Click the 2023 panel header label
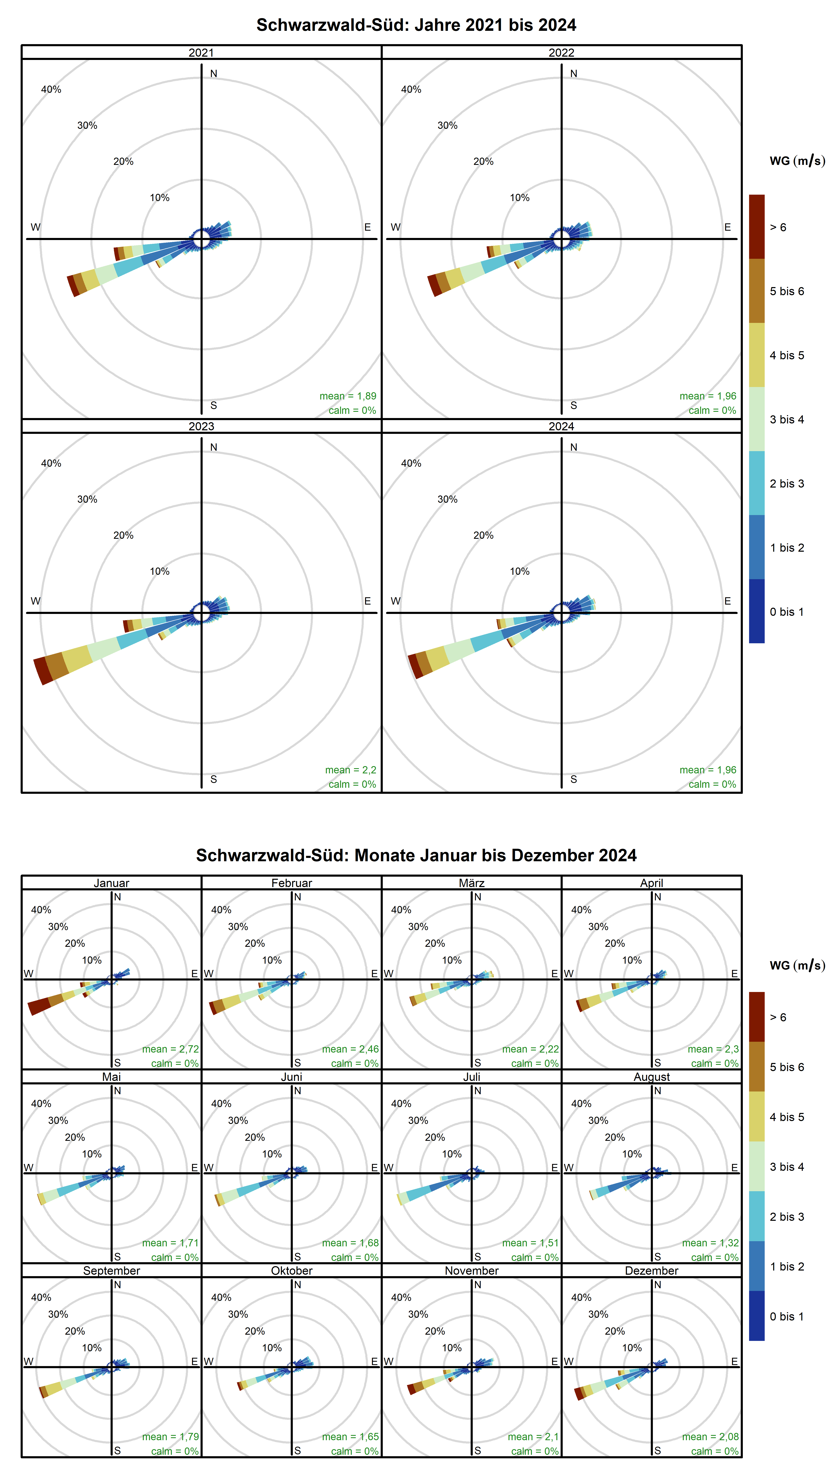tap(201, 426)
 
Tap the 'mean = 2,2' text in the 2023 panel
tap(350, 770)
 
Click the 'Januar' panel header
tap(111, 883)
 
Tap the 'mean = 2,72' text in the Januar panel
tap(170, 1049)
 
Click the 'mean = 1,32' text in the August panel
tap(710, 1243)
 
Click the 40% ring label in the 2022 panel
tap(411, 89)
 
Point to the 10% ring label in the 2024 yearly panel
tap(519, 571)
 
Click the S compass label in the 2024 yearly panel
tap(573, 779)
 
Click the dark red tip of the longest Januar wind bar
tap(39, 1007)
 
